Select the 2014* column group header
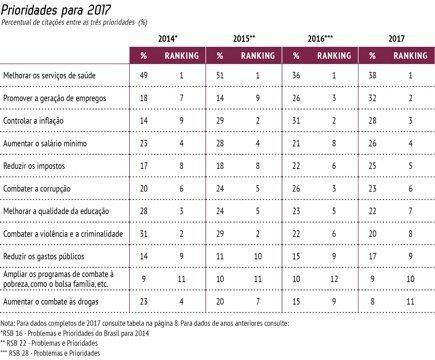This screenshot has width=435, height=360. (x=165, y=37)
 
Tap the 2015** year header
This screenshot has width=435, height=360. (x=245, y=37)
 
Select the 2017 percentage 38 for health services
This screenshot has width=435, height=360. (x=372, y=74)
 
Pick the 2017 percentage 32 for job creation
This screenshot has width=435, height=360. (x=372, y=97)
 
